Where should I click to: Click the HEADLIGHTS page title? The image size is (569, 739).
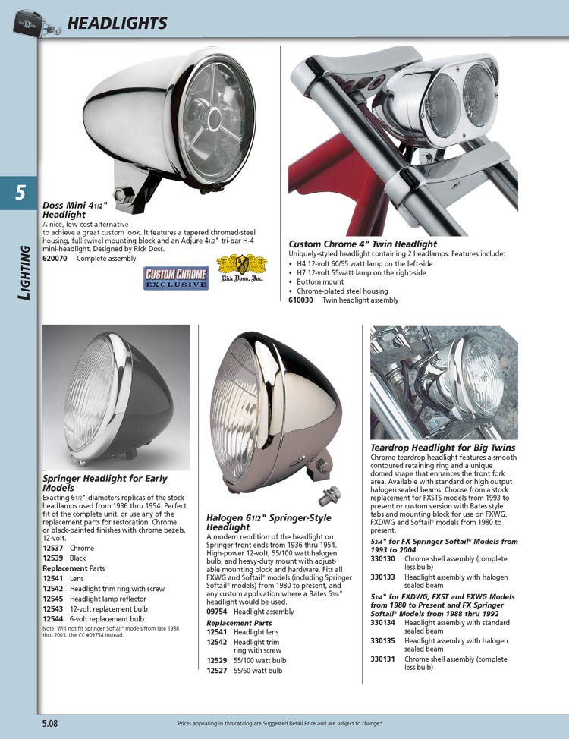point(117,23)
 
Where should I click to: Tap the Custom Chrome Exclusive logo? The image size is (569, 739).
point(176,278)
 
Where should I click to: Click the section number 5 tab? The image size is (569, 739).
point(19,193)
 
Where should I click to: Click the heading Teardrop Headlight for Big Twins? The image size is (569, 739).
point(442,448)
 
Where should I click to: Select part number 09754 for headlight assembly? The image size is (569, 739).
point(218,612)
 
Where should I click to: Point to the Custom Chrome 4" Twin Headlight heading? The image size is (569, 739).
point(363,244)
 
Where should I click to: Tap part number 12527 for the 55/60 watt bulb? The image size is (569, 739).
point(218,671)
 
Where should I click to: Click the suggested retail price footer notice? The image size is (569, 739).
point(279,724)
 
